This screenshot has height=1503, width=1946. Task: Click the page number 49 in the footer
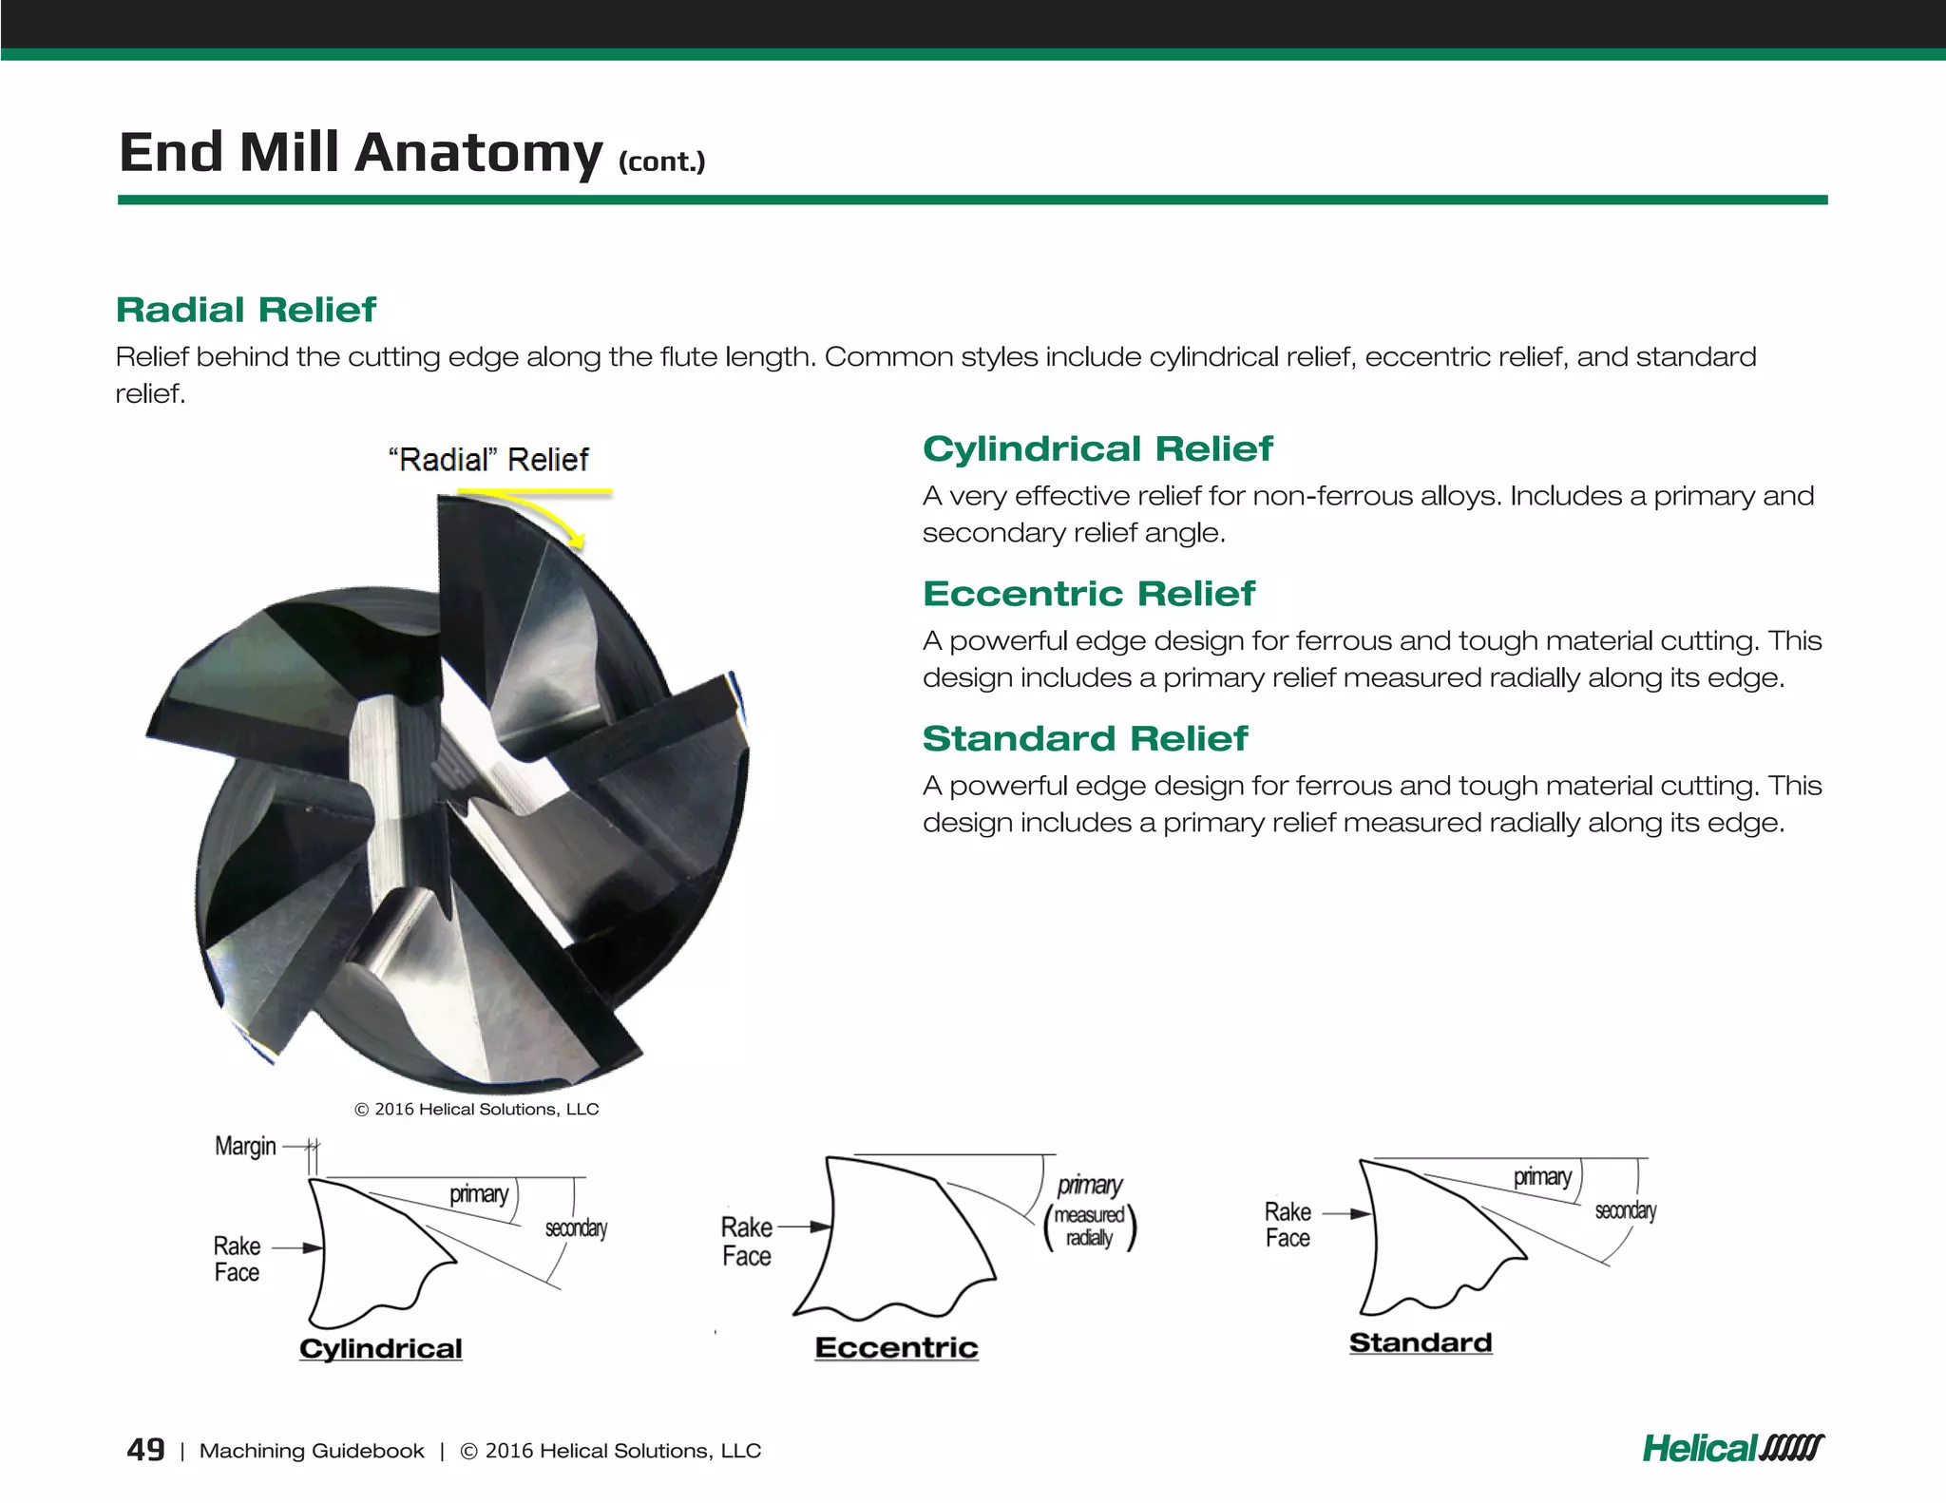145,1450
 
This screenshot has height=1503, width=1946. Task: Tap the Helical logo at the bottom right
1732,1449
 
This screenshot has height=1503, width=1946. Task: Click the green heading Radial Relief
246,310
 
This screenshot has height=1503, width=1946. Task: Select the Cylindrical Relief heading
1097,448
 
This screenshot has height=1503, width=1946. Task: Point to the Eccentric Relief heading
1088,594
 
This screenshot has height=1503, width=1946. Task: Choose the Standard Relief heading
1084,738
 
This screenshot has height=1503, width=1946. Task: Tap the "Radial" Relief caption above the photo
488,460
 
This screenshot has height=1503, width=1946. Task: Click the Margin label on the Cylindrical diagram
245,1146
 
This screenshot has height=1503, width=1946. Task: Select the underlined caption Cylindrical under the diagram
380,1348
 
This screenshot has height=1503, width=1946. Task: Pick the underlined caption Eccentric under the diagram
896,1347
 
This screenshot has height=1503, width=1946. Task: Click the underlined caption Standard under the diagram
1420,1342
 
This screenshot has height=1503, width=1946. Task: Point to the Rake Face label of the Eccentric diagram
747,1241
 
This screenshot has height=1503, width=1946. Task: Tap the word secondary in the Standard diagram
1625,1210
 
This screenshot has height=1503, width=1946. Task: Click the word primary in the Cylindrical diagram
479,1193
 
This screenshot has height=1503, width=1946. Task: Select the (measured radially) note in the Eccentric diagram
1090,1227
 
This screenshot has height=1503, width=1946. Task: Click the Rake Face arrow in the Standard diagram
1347,1213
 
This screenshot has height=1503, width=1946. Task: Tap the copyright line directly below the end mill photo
476,1109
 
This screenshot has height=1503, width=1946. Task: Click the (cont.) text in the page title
661,162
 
